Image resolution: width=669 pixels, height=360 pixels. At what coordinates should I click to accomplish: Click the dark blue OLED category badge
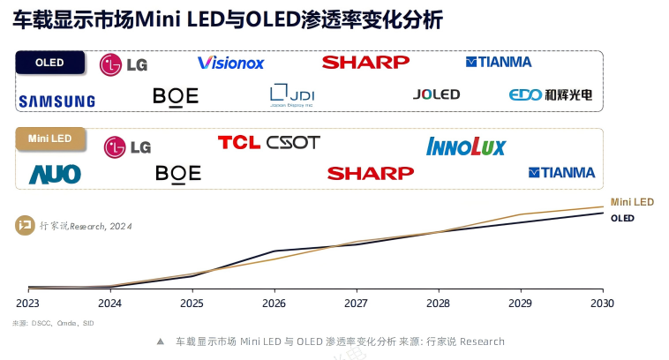[50, 63]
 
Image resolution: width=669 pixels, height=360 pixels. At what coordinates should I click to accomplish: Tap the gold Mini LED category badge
[50, 139]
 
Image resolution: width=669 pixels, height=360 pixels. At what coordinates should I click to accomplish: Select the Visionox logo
[231, 63]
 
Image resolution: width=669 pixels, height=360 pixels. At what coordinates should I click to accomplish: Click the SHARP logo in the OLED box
[365, 62]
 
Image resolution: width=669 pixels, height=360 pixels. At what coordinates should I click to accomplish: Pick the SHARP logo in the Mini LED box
[370, 173]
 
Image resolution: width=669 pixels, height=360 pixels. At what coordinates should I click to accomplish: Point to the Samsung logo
[56, 101]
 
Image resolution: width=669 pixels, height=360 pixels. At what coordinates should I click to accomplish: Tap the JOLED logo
[436, 94]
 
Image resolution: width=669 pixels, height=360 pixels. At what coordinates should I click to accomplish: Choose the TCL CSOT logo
[268, 142]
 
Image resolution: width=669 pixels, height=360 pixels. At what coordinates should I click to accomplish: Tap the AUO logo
[55, 174]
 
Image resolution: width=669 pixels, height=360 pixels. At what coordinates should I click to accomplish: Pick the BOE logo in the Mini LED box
[177, 173]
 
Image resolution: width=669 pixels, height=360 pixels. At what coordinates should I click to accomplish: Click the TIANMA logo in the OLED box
[499, 62]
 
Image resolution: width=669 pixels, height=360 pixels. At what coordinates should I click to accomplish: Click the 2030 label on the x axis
[602, 303]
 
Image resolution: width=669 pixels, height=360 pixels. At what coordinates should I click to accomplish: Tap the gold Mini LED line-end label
[632, 202]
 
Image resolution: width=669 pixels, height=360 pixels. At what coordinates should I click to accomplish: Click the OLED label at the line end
[623, 217]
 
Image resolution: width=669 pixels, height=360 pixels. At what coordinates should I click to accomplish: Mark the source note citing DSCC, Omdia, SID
[53, 323]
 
